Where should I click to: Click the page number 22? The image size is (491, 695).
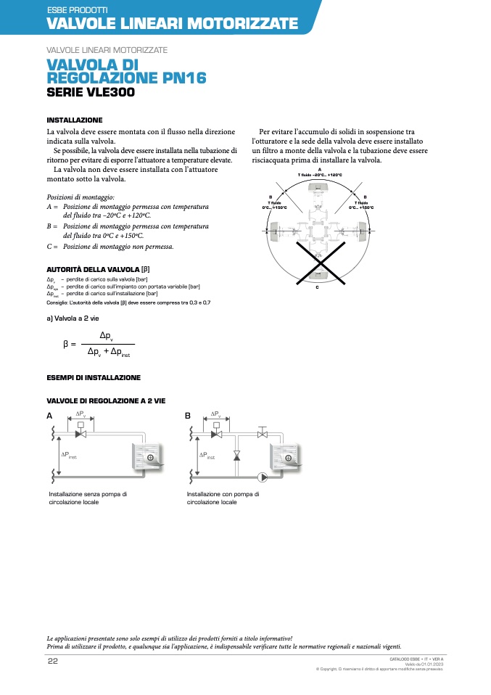pos(53,661)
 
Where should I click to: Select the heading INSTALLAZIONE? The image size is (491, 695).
pos(75,120)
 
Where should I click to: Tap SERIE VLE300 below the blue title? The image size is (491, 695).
pos(91,93)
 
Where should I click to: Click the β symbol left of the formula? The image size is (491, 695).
pos(67,343)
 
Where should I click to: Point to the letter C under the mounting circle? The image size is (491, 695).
pos(318,287)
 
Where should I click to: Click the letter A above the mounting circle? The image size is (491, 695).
pos(319,169)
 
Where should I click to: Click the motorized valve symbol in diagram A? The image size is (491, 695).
pos(81,433)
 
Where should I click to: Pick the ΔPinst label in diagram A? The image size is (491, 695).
pos(69,455)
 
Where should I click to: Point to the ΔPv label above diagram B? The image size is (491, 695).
pos(216,414)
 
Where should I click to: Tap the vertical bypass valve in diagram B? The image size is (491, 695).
pos(236,456)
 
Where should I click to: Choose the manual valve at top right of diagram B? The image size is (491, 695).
pos(263,433)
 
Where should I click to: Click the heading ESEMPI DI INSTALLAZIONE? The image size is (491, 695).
pos(94,378)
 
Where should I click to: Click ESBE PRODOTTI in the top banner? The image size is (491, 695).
pos(77,10)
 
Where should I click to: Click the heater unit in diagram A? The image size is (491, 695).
pos(149,457)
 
